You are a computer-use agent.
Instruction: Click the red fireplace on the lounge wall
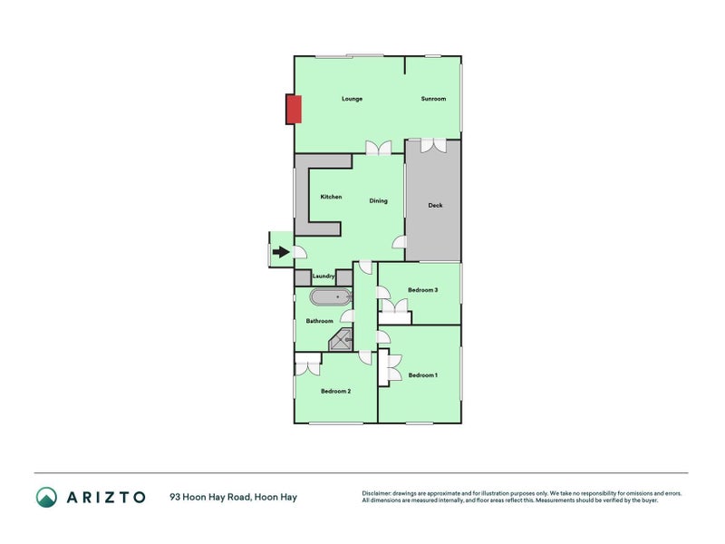(x=294, y=109)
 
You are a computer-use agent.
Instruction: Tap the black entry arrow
(x=281, y=252)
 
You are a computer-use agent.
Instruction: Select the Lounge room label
(x=352, y=99)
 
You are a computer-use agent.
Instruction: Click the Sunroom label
(x=433, y=99)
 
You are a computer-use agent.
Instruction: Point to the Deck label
(x=435, y=205)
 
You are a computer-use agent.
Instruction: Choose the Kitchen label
(x=331, y=197)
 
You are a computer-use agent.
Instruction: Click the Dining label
(x=378, y=200)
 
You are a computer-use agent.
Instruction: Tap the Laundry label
(x=324, y=277)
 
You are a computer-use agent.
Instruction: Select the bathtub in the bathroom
(x=330, y=297)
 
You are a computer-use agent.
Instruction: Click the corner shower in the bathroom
(x=342, y=340)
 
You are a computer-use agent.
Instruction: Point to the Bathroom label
(x=320, y=321)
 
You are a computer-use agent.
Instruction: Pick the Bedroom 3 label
(x=422, y=290)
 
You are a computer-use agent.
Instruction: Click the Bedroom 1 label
(x=422, y=375)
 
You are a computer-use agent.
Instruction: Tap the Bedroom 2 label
(x=335, y=392)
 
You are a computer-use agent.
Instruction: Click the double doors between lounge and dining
(x=379, y=148)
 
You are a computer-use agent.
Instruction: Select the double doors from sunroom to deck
(x=433, y=145)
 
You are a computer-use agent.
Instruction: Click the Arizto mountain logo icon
(x=47, y=497)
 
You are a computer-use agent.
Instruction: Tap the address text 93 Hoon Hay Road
(x=211, y=497)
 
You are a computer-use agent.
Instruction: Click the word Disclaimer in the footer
(x=376, y=493)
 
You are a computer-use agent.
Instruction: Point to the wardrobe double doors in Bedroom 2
(x=307, y=364)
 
